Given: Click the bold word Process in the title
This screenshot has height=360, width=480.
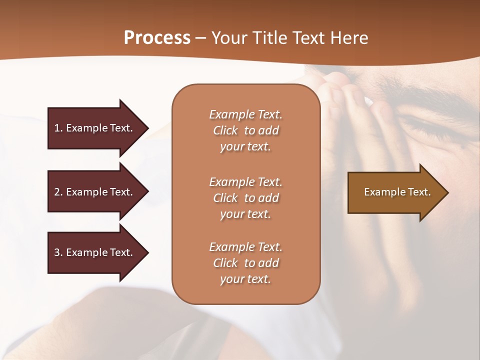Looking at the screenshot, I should [x=157, y=37].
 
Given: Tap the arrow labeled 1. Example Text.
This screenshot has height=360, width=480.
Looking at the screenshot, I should [x=95, y=128].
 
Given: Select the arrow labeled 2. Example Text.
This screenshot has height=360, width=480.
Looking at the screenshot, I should [x=95, y=192].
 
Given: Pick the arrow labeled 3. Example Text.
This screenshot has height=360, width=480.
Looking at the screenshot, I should [x=95, y=252].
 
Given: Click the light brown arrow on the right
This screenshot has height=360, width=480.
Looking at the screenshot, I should [x=395, y=192].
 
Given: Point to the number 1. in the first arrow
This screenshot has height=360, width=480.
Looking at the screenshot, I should [x=58, y=128].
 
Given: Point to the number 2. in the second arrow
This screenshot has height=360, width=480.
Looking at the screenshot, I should [x=58, y=192].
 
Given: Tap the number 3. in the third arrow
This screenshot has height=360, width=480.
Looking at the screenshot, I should [x=58, y=252].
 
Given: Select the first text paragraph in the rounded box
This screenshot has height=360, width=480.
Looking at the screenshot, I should [x=245, y=130].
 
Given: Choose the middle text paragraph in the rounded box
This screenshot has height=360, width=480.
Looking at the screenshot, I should [x=245, y=198].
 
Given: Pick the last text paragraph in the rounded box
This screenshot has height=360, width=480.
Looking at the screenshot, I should [x=245, y=263].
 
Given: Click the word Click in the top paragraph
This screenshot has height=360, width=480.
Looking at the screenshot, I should [x=225, y=130].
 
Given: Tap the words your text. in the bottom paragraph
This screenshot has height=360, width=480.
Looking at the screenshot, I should [x=245, y=279].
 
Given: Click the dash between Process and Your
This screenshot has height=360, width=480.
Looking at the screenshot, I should [x=200, y=38].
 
